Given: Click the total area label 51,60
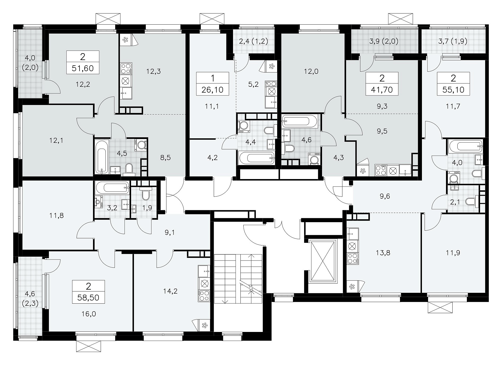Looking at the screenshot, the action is [83, 69].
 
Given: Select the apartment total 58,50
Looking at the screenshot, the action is [89, 298].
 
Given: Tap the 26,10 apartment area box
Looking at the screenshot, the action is [212, 90].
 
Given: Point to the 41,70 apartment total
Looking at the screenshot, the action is [382, 90].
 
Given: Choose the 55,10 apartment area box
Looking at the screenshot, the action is [453, 90].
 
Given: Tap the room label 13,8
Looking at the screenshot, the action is [383, 253].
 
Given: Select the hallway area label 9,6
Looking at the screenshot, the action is [384, 196].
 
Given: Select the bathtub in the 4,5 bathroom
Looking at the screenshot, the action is [102, 157].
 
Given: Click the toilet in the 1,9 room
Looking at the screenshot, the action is [146, 194].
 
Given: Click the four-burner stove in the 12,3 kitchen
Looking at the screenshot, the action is [126, 68].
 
